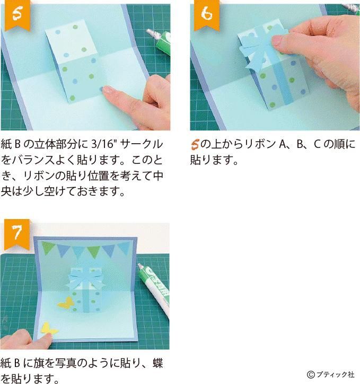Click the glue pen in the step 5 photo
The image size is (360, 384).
[x=160, y=42]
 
